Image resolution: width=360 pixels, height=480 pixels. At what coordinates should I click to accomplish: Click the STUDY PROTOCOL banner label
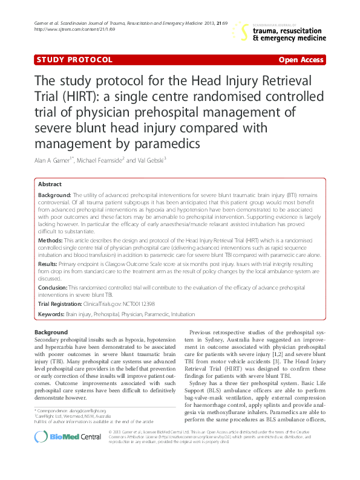tap(74, 60)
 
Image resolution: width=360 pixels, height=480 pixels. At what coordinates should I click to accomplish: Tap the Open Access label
tap(301, 60)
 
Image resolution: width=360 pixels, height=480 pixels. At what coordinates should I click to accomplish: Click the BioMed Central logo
tap(59, 454)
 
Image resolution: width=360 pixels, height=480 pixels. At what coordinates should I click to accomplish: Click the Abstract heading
tap(50, 184)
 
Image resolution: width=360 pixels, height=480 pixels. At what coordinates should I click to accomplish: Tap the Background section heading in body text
tap(51, 332)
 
